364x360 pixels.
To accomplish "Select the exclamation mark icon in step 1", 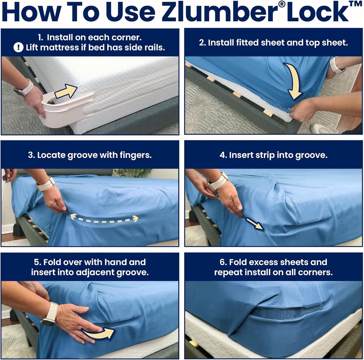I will pos(18,47).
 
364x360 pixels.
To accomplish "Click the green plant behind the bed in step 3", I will pos(133,173).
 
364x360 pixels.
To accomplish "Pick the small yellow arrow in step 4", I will pos(255,224).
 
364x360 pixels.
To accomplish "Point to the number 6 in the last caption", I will pos(223,262).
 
